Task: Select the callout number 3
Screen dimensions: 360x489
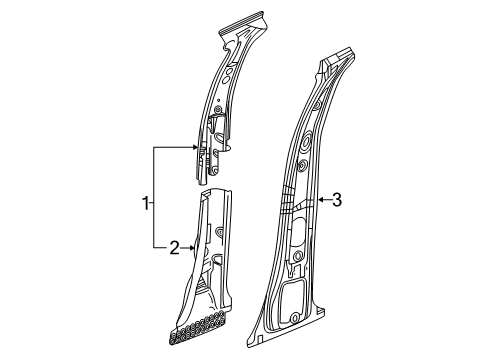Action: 337,201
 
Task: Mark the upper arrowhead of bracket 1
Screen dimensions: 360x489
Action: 197,146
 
